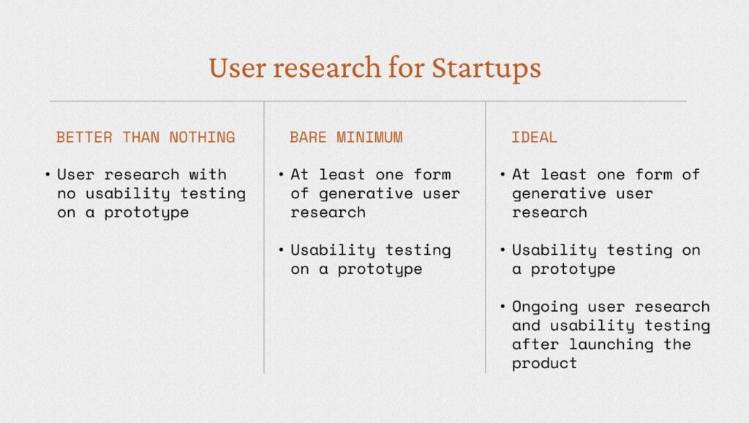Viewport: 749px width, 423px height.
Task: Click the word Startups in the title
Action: point(486,68)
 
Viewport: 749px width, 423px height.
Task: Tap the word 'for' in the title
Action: point(406,67)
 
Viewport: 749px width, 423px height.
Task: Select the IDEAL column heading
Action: point(534,138)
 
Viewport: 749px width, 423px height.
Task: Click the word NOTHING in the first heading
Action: point(202,138)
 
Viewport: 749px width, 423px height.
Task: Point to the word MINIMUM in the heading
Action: point(369,138)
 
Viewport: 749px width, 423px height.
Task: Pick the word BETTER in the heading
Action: point(84,138)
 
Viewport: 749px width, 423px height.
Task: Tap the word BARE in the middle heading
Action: point(308,138)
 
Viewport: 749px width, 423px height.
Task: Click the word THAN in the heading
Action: point(141,138)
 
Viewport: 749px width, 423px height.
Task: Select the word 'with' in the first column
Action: point(208,174)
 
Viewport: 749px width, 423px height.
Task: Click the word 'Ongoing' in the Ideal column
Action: point(544,307)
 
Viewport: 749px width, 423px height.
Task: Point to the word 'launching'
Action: point(611,345)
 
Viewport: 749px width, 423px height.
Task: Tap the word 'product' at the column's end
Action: point(544,364)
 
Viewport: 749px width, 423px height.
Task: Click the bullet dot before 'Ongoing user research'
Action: point(503,307)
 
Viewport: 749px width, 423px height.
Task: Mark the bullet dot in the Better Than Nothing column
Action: point(48,174)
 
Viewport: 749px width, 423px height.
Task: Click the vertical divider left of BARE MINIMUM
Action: point(264,237)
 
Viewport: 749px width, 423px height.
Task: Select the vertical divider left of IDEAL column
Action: point(486,237)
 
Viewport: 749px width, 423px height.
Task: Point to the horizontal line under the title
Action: point(368,101)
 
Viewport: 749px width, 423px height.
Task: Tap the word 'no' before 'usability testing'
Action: point(67,194)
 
